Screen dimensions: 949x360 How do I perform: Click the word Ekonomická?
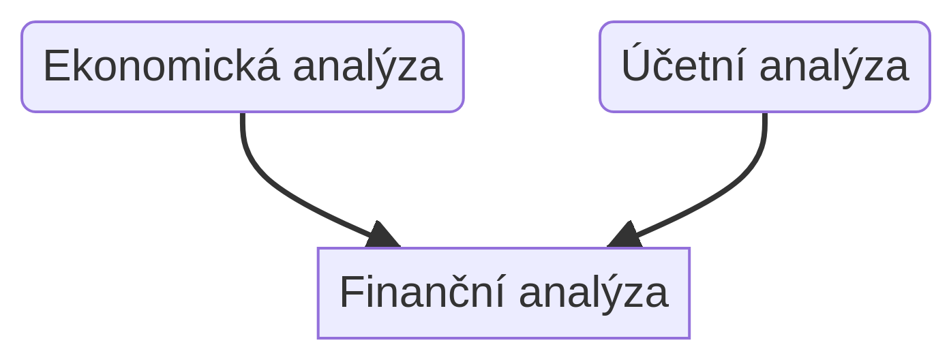pos(162,65)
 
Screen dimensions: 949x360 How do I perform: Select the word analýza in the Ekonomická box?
pos(367,67)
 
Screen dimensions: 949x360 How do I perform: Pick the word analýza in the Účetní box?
pos(834,67)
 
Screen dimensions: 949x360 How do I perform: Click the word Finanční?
pos(423,291)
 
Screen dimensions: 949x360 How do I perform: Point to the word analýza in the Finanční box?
pos(594,295)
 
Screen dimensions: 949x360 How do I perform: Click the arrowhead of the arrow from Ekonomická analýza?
pos(383,235)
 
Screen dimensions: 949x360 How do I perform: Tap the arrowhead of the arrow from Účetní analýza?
pos(625,235)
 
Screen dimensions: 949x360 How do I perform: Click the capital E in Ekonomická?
pos(55,65)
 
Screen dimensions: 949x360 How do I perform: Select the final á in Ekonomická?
pos(268,65)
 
